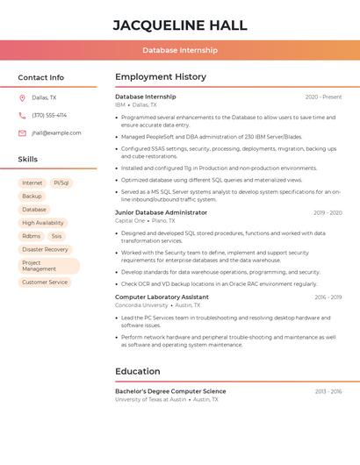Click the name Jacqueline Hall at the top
[180, 25]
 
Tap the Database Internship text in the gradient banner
[180, 50]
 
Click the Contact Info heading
[41, 77]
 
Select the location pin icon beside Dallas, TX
[22, 98]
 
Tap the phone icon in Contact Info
[22, 116]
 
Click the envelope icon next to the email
[22, 133]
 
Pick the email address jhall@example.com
[56, 133]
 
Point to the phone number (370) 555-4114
[49, 116]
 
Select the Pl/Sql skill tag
[61, 183]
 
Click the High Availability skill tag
[43, 223]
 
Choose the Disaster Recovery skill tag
[45, 249]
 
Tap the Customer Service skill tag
[45, 283]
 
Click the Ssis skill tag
[56, 236]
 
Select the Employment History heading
[161, 77]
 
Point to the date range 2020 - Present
[323, 97]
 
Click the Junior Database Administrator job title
[162, 212]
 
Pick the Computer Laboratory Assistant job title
[162, 297]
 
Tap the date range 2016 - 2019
[328, 297]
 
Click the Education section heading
[138, 371]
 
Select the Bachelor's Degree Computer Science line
[170, 391]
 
